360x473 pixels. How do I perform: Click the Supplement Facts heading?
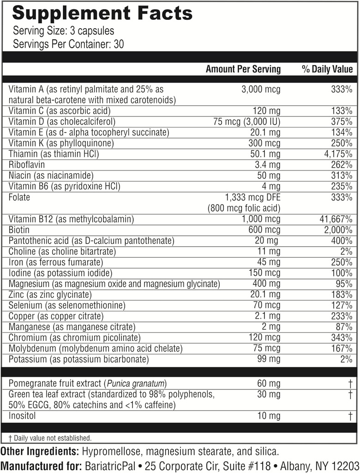[x=102, y=13]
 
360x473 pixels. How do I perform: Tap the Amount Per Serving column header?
[x=243, y=69]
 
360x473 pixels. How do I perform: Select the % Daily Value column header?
[x=327, y=69]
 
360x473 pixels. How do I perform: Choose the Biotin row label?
[x=19, y=230]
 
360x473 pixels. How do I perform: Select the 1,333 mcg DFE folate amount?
[x=252, y=197]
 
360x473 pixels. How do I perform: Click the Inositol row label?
[x=22, y=416]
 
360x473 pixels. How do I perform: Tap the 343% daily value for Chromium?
[x=342, y=338]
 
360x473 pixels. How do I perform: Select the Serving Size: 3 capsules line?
[x=63, y=31]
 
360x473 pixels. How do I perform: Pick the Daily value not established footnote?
[x=50, y=438]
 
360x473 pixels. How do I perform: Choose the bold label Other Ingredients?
[x=40, y=451]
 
